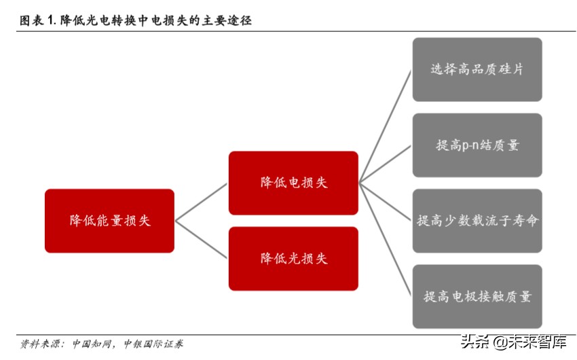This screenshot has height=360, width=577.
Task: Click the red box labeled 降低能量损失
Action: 109,220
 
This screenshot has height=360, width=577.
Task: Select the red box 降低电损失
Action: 293,183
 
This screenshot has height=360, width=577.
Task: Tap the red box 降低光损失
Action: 293,258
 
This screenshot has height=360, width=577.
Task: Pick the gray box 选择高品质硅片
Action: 477,69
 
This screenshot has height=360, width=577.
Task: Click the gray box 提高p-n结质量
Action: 477,145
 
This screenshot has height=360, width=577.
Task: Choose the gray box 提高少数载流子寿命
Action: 477,221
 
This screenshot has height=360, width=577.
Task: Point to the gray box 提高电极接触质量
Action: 477,296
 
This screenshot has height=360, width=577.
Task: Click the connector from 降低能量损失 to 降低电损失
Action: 202,202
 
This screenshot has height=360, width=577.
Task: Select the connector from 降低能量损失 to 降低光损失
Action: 202,239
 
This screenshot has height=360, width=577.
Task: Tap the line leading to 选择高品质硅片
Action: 386,126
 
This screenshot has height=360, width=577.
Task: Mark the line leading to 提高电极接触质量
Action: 386,239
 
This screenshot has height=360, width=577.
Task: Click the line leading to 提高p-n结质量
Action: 386,164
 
